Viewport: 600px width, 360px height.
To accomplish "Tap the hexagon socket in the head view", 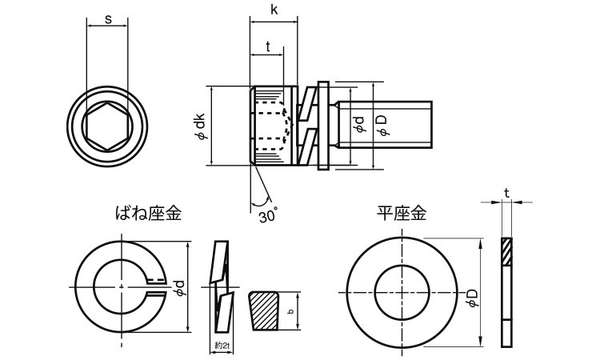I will (x=106, y=126).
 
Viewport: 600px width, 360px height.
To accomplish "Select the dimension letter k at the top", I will (x=274, y=10).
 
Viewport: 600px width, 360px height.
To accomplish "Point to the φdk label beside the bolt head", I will (x=199, y=126).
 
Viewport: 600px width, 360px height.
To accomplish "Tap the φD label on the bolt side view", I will (x=381, y=125).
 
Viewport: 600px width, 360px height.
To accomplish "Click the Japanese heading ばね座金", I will (x=149, y=213).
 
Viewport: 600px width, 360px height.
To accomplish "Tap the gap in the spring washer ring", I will (x=155, y=287).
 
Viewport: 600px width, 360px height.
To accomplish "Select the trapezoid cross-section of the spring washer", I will (x=266, y=311).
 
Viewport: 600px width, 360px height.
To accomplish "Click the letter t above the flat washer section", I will (x=506, y=192).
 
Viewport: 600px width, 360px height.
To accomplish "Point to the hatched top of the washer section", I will (x=506, y=253).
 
